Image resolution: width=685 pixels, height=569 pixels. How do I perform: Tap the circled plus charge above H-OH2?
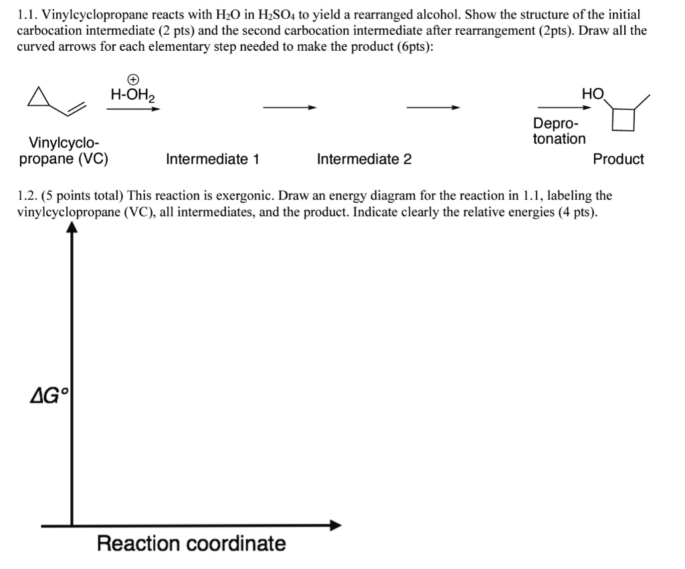click(133, 80)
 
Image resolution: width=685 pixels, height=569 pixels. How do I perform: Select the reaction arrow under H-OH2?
click(133, 109)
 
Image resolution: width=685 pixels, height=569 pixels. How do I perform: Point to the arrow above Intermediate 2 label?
click(433, 108)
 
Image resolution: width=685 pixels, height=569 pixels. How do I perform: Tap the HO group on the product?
click(593, 94)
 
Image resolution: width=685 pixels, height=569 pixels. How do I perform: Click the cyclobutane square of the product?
click(623, 120)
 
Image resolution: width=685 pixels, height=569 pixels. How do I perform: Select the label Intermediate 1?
click(213, 159)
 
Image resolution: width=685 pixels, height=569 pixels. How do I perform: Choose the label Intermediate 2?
click(364, 159)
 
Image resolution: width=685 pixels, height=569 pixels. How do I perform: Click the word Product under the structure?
click(618, 159)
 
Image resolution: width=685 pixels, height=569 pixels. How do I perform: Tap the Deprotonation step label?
click(559, 132)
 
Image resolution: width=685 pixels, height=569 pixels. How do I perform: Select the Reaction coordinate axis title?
click(191, 543)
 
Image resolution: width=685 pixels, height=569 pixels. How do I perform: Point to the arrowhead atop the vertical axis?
click(72, 227)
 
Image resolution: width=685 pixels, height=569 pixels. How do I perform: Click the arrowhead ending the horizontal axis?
click(336, 525)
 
